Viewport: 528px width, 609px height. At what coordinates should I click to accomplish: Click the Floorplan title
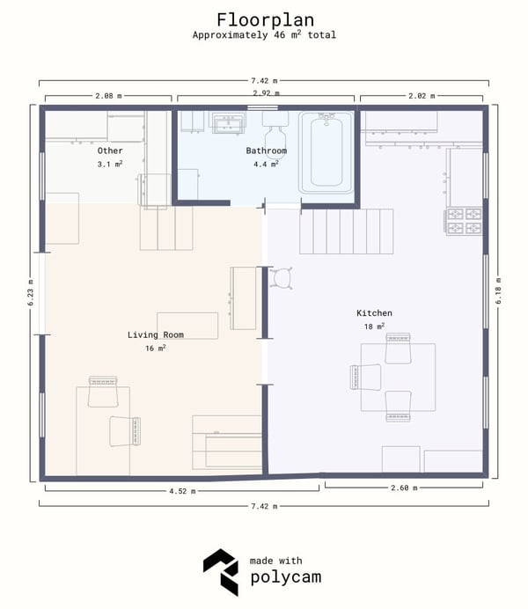(265, 20)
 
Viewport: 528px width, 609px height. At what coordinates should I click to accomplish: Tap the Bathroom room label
(267, 150)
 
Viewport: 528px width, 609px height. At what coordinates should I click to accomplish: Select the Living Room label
(156, 334)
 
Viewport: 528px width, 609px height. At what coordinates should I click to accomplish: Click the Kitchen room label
(374, 313)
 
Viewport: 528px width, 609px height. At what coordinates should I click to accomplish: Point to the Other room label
(110, 150)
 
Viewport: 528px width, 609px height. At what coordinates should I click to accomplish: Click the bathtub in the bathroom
(326, 152)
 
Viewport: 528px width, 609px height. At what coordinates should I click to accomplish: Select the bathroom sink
(227, 122)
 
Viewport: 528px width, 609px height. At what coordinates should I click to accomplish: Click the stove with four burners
(464, 221)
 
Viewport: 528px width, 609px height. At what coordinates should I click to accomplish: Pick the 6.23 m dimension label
(31, 292)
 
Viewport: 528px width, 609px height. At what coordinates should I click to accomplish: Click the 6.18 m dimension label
(498, 290)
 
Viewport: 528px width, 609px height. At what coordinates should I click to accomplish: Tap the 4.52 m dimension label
(182, 491)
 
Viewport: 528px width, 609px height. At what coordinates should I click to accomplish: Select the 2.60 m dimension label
(404, 488)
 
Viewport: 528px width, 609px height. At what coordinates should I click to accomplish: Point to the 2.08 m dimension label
(108, 96)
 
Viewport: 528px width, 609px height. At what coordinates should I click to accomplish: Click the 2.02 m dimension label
(422, 96)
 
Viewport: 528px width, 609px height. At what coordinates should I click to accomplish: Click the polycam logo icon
(221, 572)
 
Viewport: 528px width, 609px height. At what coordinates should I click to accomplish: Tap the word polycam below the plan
(286, 577)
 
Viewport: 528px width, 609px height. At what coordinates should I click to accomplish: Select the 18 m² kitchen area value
(374, 327)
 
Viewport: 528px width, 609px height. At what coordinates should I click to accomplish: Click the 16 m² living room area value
(156, 348)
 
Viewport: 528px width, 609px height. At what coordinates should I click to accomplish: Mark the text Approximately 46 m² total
(264, 34)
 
